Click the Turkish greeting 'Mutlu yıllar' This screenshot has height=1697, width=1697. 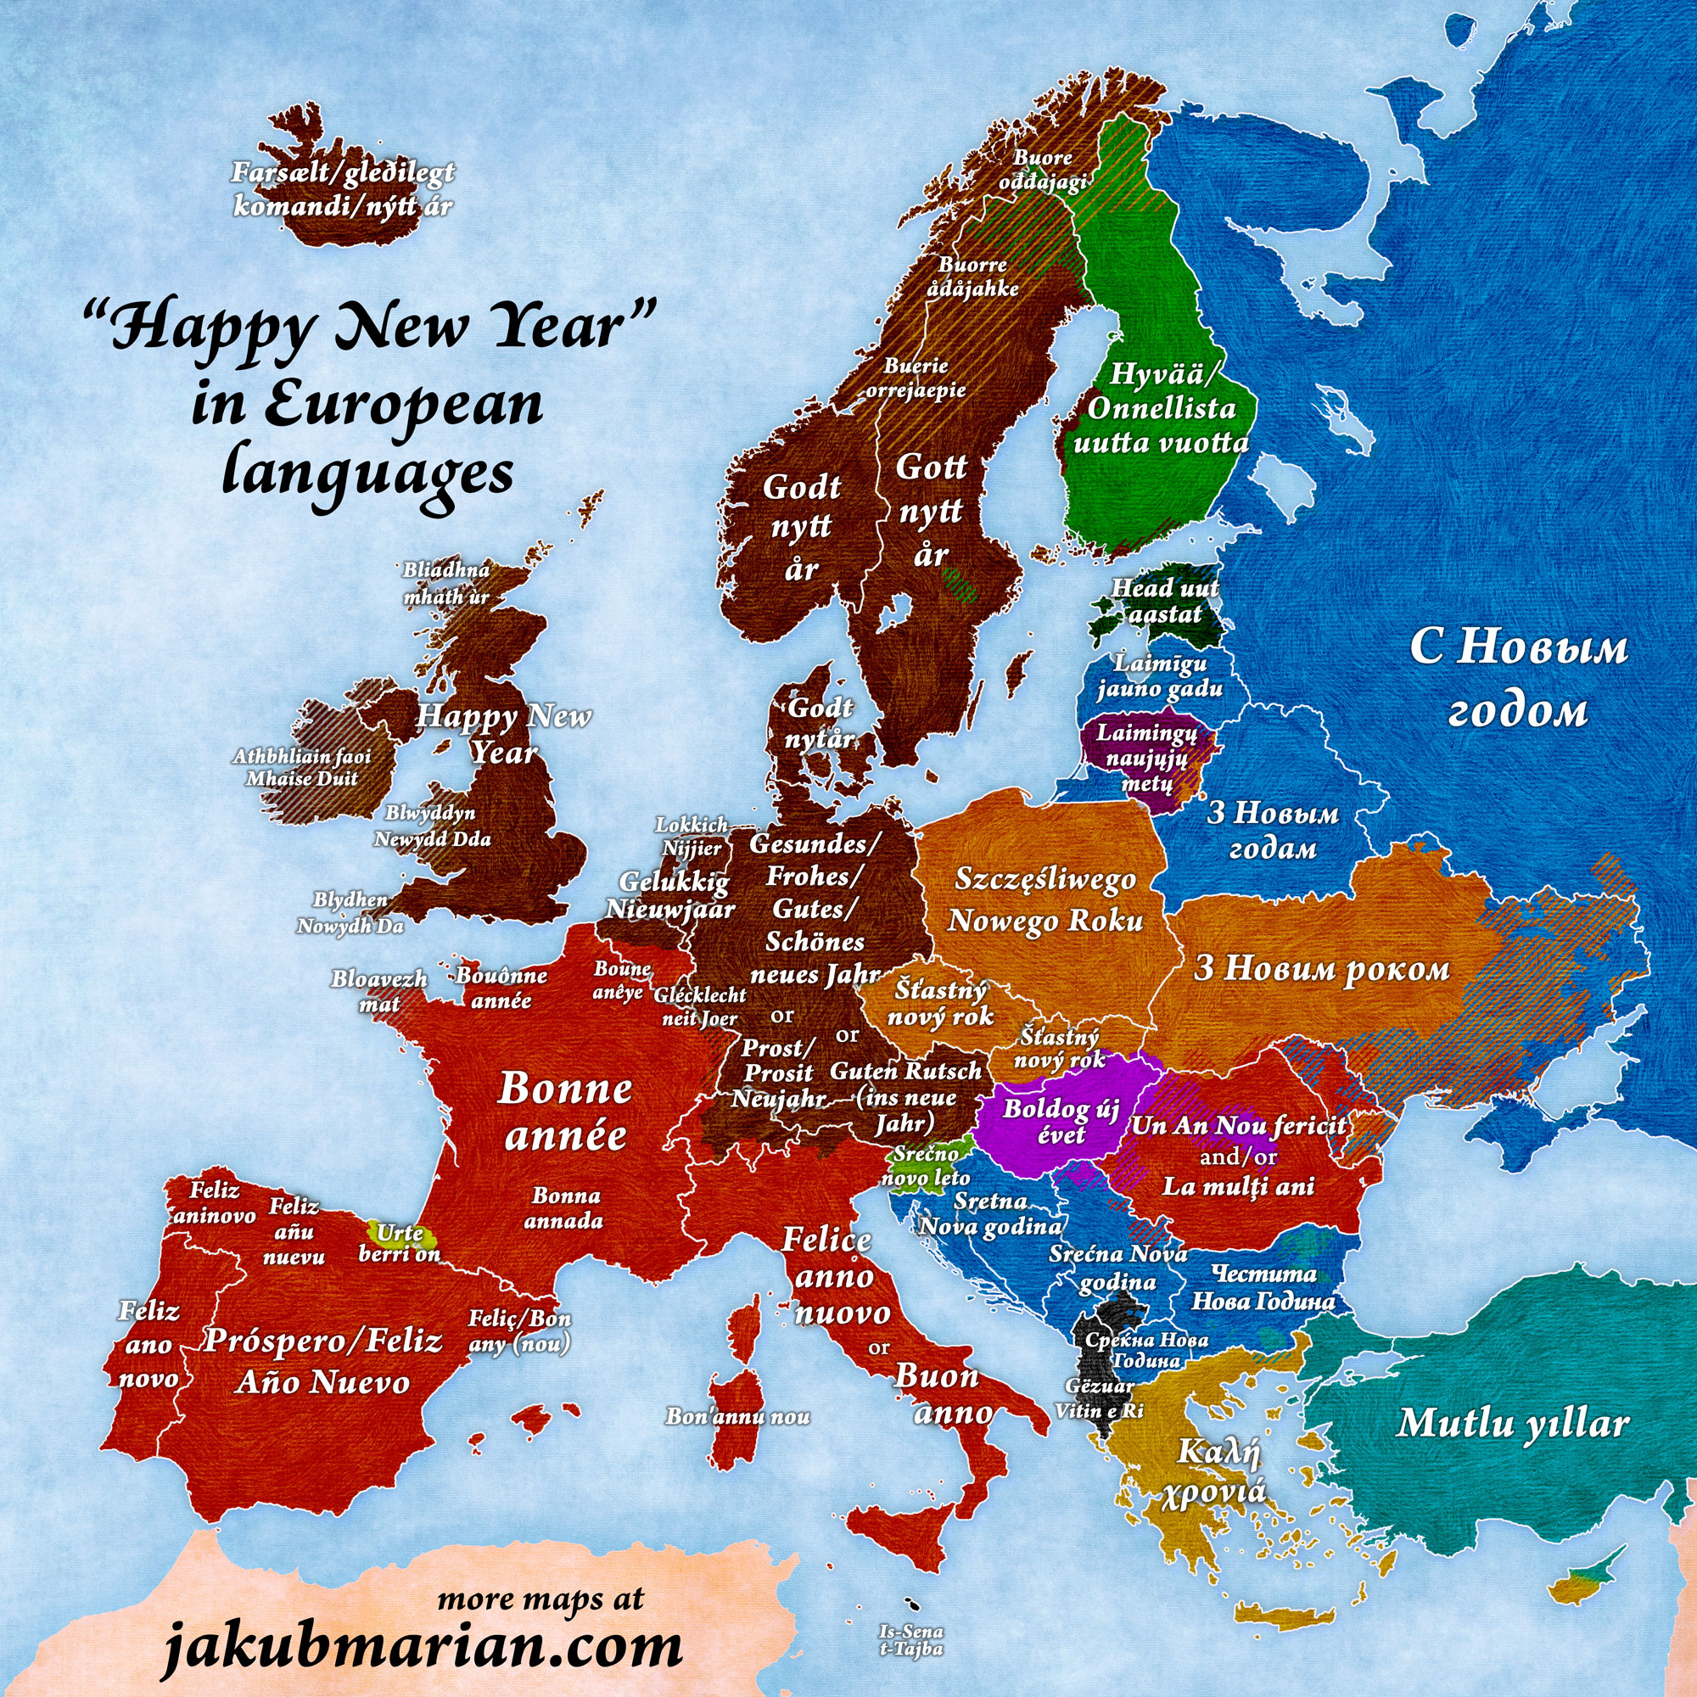point(1513,1422)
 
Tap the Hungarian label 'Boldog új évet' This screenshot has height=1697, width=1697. point(1061,1121)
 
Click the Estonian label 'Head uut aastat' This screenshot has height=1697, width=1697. point(1165,600)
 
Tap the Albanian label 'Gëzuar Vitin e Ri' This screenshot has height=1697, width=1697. point(1098,1397)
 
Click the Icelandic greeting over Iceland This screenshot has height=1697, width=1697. point(343,189)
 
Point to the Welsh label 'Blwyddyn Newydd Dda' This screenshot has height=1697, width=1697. point(432,825)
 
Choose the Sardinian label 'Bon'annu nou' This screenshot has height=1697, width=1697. point(738,1416)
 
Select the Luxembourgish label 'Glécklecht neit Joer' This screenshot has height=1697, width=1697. point(700,1005)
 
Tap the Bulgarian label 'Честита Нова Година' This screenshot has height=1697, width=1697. point(1263,1287)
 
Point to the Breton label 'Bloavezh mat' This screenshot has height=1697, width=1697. point(379,991)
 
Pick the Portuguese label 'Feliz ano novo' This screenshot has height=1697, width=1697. point(148,1345)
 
